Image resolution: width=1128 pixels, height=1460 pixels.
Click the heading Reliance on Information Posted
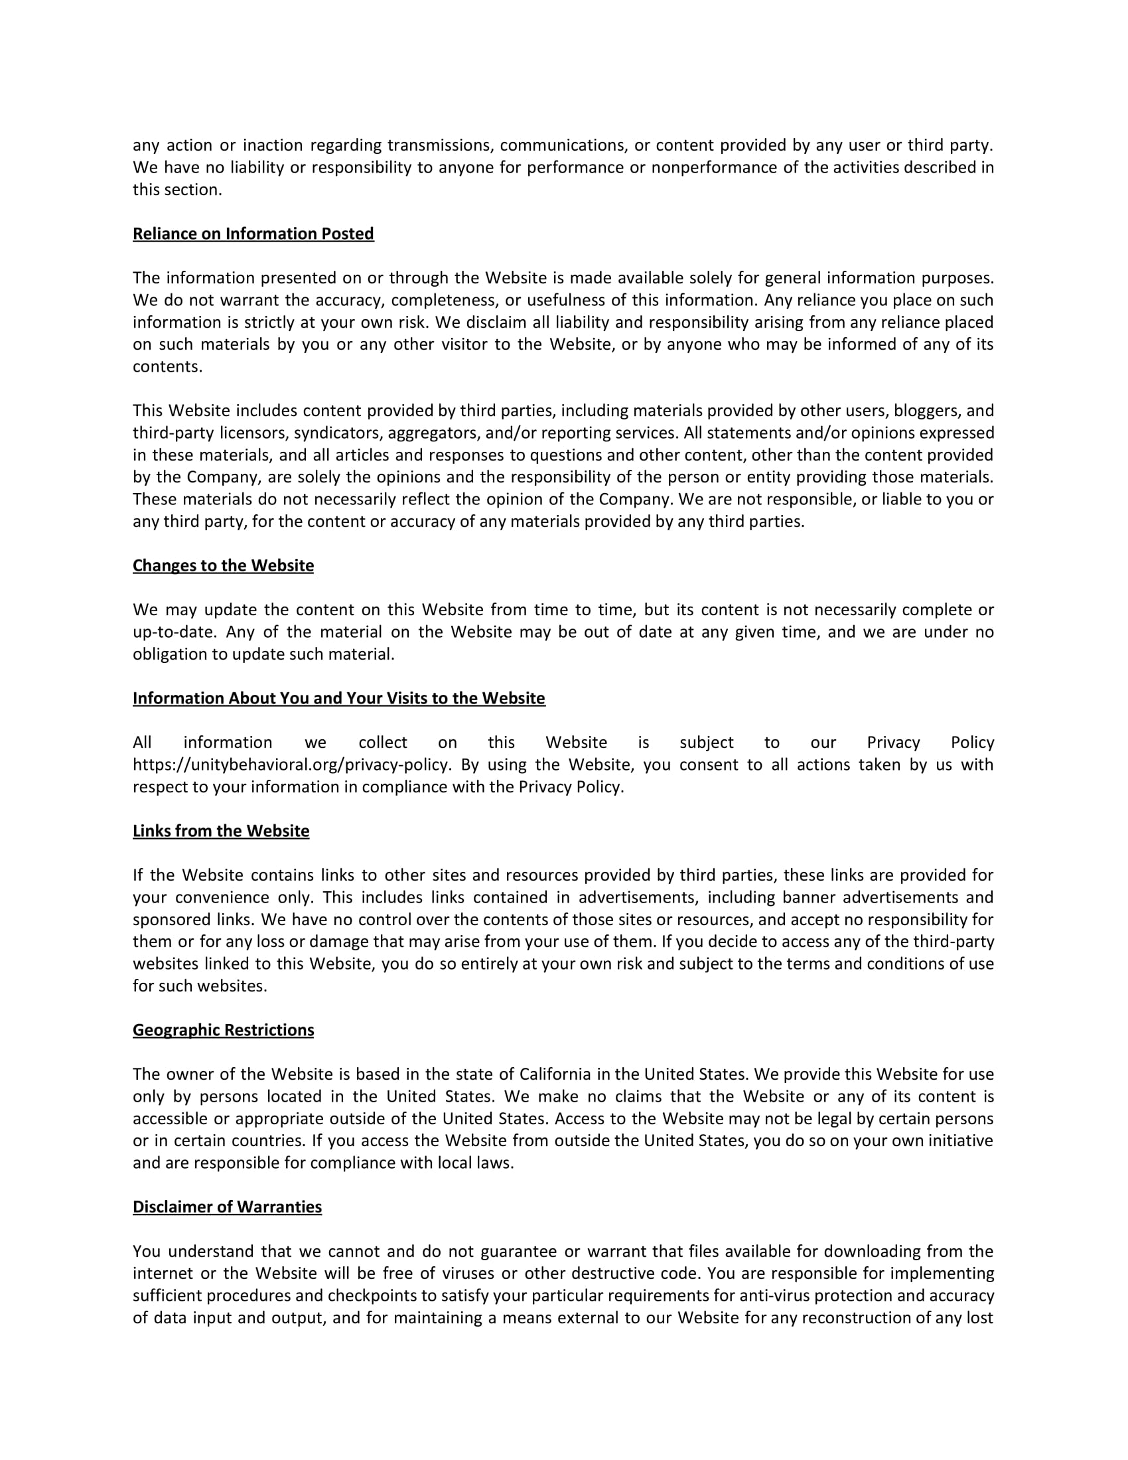tap(253, 234)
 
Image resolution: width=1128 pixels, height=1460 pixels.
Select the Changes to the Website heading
tap(222, 565)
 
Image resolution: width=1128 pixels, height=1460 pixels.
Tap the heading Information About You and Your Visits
tap(338, 699)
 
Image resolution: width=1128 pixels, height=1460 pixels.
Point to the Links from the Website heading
tap(220, 831)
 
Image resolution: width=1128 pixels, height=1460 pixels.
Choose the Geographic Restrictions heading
tap(222, 1030)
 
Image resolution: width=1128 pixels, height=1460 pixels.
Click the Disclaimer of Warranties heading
tap(226, 1206)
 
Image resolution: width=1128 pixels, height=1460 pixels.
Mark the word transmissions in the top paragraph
tap(439, 145)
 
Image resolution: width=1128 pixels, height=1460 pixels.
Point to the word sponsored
tap(171, 920)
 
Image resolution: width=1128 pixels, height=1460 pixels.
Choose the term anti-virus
tap(774, 1295)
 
